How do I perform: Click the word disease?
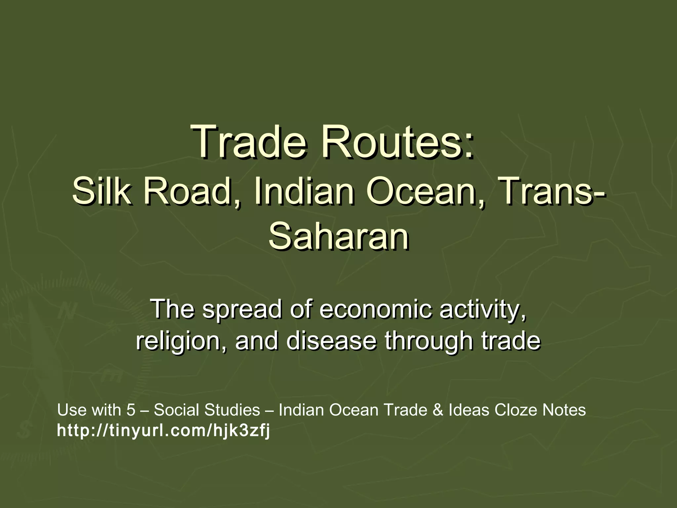tap(331, 341)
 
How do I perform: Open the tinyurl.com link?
tap(163, 431)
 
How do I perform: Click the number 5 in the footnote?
tap(131, 410)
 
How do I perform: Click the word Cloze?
tap(515, 410)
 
